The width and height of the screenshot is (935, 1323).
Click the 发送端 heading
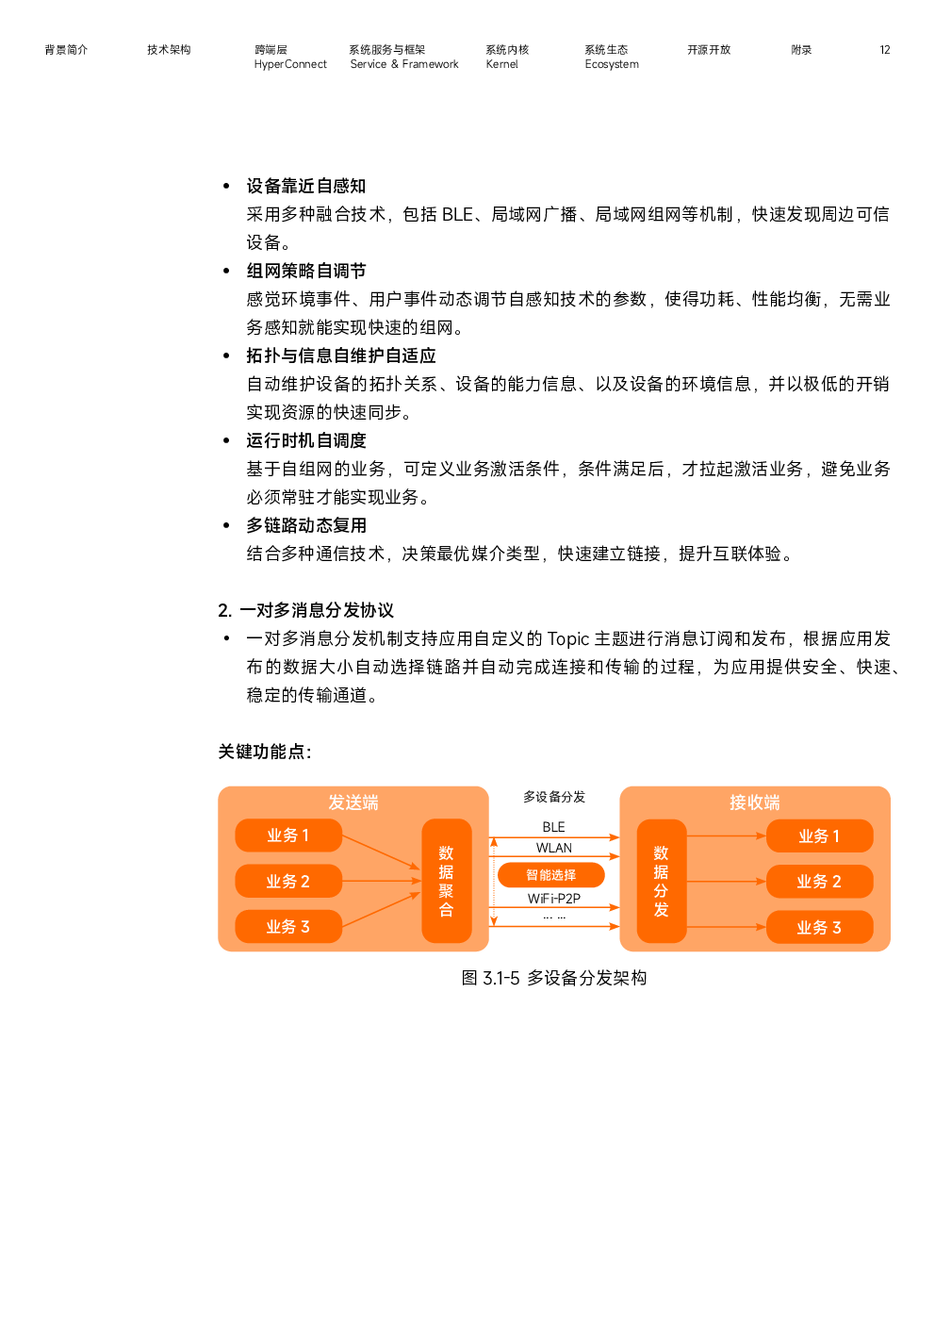[353, 802]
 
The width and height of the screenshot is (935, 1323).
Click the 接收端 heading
[754, 802]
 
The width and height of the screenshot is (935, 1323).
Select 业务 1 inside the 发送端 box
[287, 835]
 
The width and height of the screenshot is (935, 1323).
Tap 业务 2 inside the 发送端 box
[287, 882]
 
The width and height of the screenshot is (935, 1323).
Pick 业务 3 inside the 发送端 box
[287, 927]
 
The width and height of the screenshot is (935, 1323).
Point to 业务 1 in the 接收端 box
[818, 836]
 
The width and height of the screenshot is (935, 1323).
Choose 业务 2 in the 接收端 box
[818, 882]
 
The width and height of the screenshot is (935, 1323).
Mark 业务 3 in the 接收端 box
[818, 928]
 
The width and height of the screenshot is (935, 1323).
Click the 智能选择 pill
[551, 875]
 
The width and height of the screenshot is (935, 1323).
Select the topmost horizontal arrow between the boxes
[556, 837]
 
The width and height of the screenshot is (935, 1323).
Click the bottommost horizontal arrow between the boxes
[556, 927]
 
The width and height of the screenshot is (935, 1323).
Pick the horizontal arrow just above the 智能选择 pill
[556, 856]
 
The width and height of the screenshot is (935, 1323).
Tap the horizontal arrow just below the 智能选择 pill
[556, 907]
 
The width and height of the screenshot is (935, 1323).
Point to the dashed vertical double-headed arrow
[493, 882]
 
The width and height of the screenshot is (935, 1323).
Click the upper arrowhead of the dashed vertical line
[493, 841]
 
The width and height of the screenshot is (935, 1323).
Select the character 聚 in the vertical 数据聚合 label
[446, 891]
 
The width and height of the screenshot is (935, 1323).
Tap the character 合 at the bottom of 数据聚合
[446, 910]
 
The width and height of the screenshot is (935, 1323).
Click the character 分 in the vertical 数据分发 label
[661, 891]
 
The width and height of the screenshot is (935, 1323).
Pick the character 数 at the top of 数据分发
[661, 853]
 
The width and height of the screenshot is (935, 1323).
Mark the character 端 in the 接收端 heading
[772, 802]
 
